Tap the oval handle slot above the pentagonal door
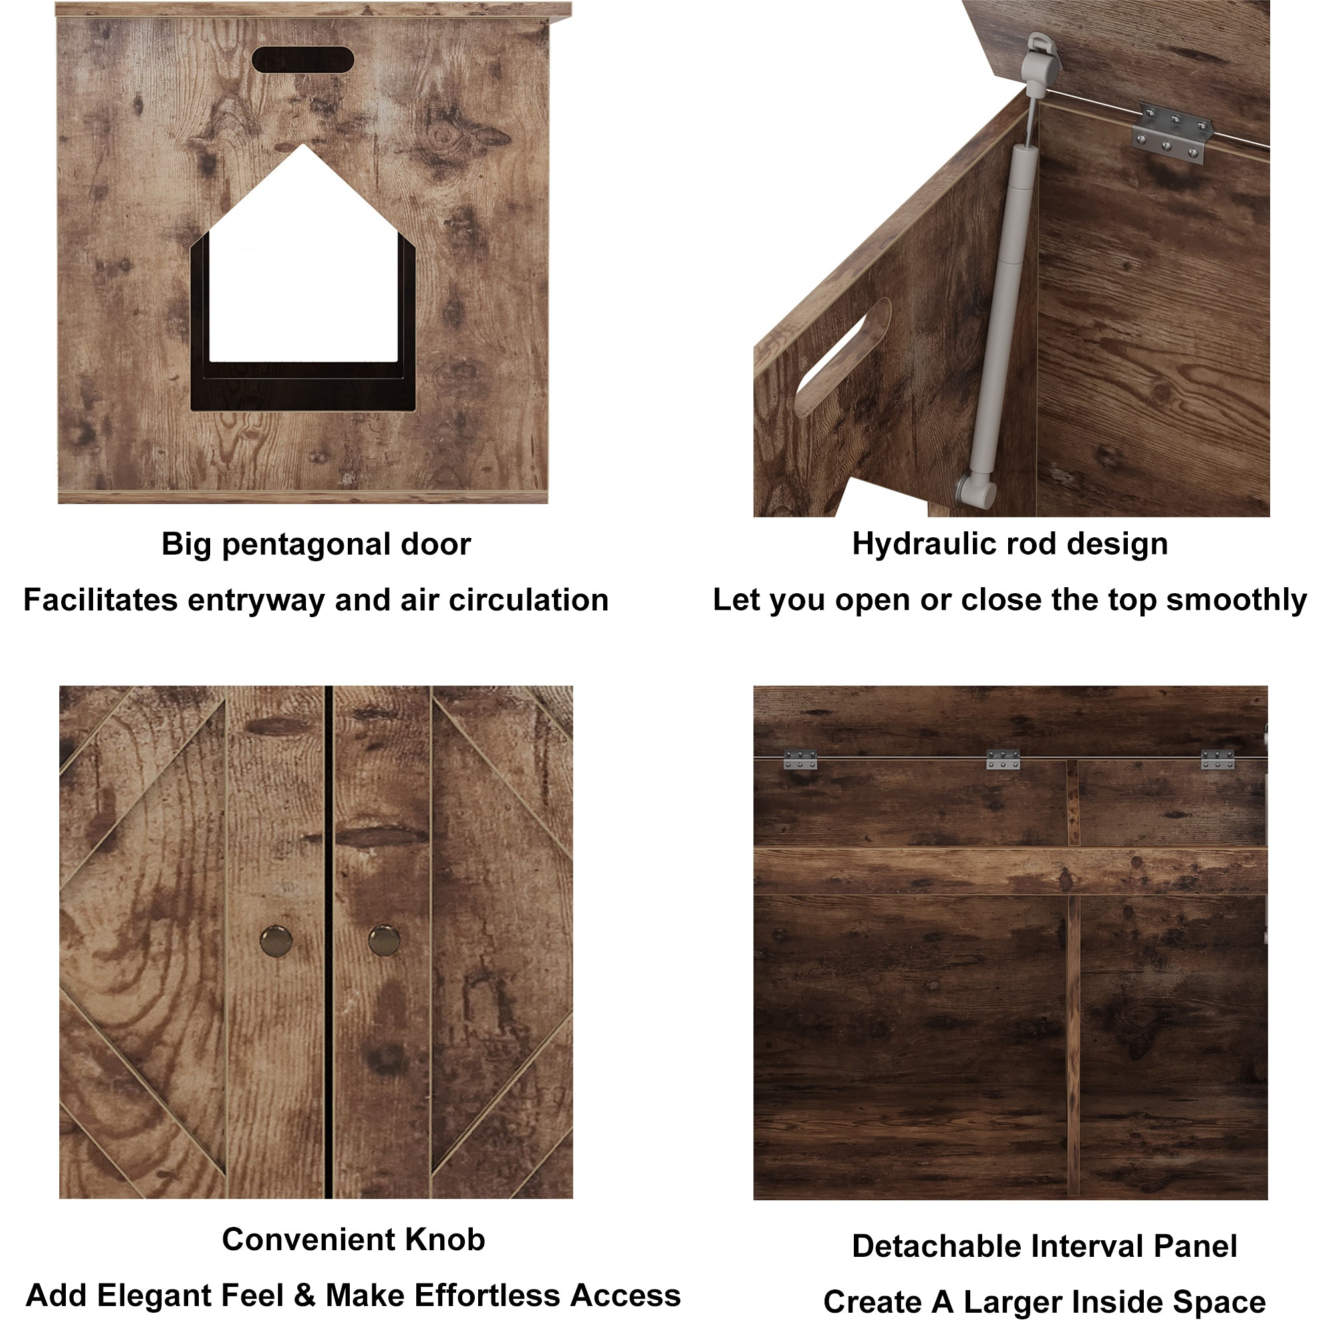(x=303, y=60)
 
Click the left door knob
(x=277, y=941)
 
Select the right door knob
(x=384, y=941)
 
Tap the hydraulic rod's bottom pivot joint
(x=976, y=489)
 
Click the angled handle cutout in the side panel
(x=843, y=358)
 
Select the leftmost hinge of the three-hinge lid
(x=800, y=759)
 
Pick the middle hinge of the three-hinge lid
(x=1003, y=759)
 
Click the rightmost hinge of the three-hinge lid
(x=1217, y=759)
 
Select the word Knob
(x=445, y=1240)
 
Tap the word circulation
(x=529, y=600)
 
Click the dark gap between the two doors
(x=329, y=944)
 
